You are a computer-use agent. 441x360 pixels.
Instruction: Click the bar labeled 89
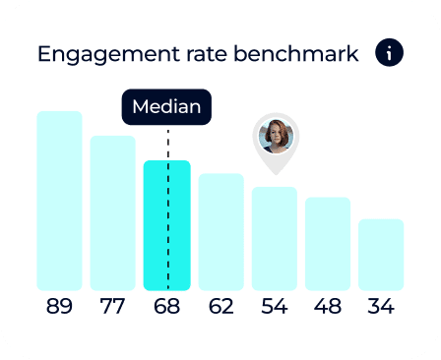coord(59,201)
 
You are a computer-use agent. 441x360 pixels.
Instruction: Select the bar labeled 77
coord(112,212)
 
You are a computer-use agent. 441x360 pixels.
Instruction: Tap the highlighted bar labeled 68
coord(166,225)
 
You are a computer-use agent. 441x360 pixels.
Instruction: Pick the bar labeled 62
coord(220,231)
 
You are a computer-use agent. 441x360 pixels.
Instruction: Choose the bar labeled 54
coord(274,238)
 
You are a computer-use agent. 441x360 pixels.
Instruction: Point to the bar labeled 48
coord(327,243)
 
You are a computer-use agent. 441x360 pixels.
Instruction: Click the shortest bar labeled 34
coord(380,254)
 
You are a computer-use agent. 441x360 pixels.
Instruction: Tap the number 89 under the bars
coord(59,306)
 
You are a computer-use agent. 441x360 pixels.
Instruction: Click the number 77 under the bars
coord(112,306)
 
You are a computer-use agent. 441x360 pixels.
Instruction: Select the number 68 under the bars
coord(166,306)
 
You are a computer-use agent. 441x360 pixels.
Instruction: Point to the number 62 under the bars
coord(220,306)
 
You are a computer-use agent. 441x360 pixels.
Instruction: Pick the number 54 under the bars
coord(274,306)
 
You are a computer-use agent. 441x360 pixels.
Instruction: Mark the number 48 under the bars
coord(327,306)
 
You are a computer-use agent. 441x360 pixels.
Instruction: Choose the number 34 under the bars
coord(380,306)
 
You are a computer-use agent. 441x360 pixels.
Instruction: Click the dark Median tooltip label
coord(166,107)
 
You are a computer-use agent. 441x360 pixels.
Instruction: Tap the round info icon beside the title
coord(389,53)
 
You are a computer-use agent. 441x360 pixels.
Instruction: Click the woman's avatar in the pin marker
coord(276,136)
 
